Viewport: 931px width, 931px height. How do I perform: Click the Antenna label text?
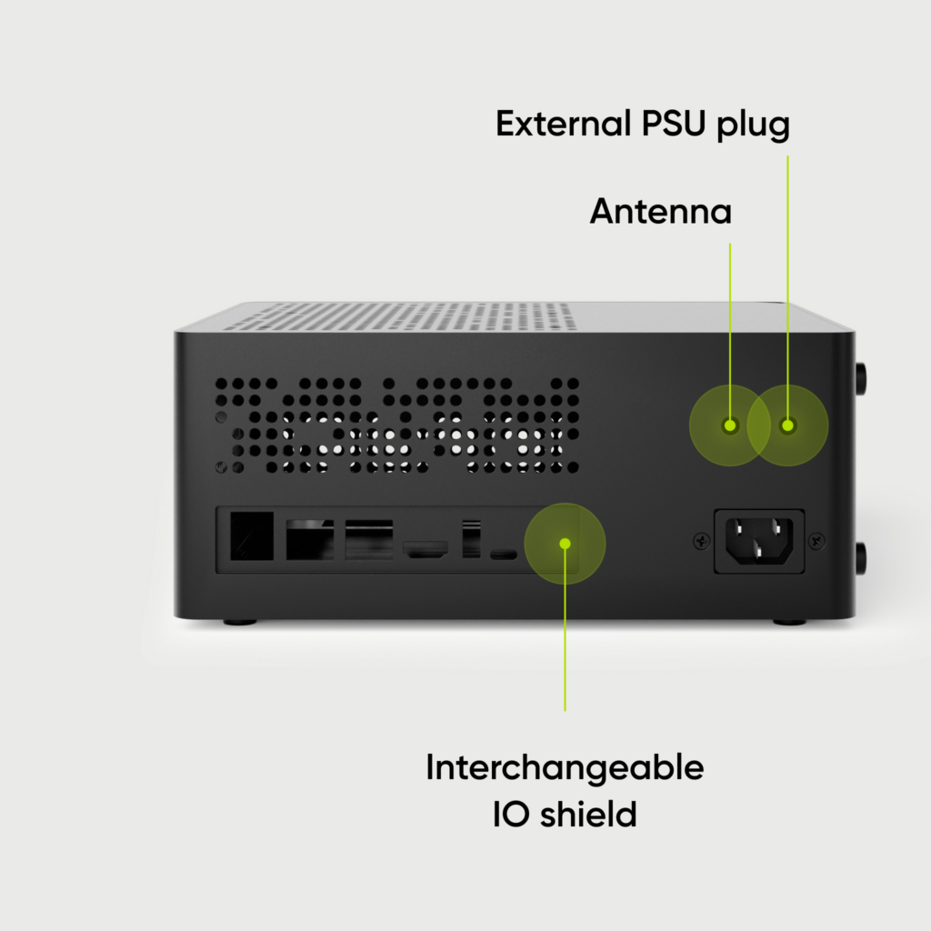tap(660, 212)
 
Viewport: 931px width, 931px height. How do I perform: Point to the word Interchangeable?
tap(565, 768)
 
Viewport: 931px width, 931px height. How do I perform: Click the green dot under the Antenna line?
tap(729, 425)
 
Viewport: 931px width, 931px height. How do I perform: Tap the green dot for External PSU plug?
tap(787, 425)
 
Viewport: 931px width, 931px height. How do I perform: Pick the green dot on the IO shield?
tap(565, 543)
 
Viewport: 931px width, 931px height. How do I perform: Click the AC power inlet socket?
tap(759, 540)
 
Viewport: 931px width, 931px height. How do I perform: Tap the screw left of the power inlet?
tap(702, 540)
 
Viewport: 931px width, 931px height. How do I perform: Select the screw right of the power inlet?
tap(816, 540)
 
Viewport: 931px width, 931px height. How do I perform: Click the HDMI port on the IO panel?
tap(425, 549)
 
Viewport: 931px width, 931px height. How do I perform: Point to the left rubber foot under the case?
tap(240, 622)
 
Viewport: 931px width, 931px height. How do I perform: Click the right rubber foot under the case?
tap(789, 622)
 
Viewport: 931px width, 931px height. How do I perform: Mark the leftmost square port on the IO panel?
tap(252, 536)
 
